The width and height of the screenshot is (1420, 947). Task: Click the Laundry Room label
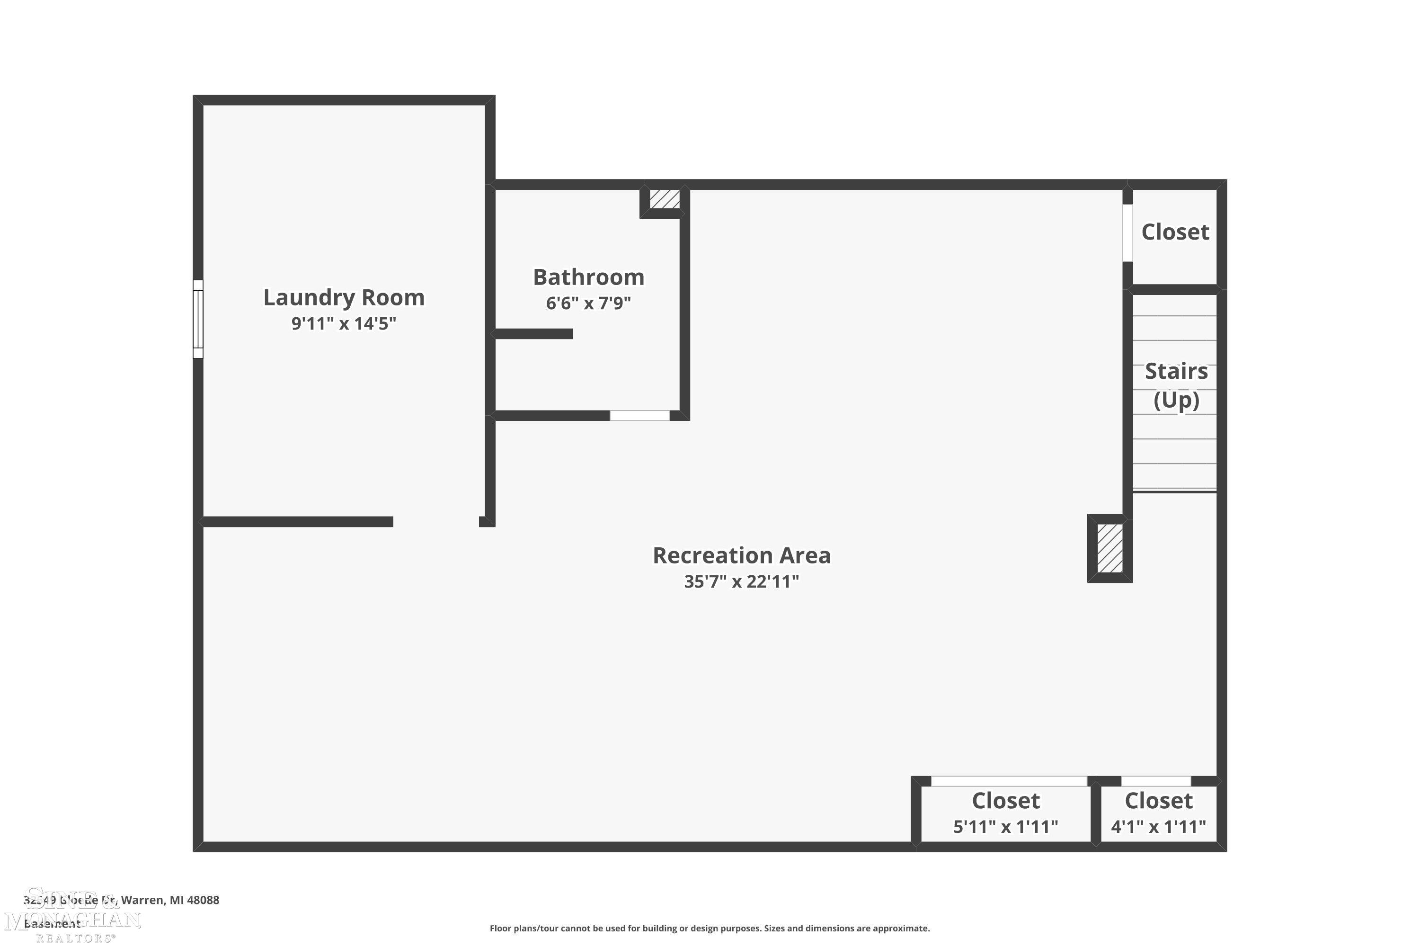pyautogui.click(x=344, y=297)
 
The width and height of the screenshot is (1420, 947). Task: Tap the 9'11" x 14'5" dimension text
pyautogui.click(x=344, y=324)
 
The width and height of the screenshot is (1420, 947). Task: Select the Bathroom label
pyautogui.click(x=589, y=277)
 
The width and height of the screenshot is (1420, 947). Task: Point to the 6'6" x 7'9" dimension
pyautogui.click(x=589, y=303)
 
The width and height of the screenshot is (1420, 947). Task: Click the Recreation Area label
pyautogui.click(x=741, y=555)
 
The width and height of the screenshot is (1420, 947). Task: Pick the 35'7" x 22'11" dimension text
pyautogui.click(x=741, y=581)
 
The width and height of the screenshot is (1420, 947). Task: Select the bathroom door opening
pyautogui.click(x=639, y=416)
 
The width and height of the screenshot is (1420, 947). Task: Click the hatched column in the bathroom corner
pyautogui.click(x=665, y=199)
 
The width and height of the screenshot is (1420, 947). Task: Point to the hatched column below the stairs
pyautogui.click(x=1109, y=548)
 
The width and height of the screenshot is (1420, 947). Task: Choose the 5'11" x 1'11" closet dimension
pyautogui.click(x=1005, y=826)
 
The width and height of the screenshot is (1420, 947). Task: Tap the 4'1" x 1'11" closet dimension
pyautogui.click(x=1159, y=826)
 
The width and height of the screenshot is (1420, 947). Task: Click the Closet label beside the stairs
pyautogui.click(x=1175, y=232)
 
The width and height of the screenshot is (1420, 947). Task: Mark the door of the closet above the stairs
pyautogui.click(x=1127, y=233)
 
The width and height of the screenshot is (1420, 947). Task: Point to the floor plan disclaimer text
pyautogui.click(x=710, y=928)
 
